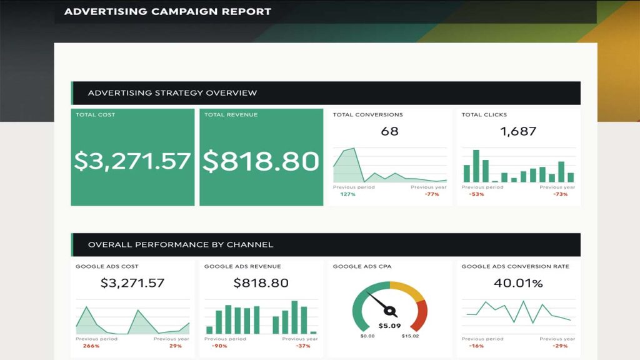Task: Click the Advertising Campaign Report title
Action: pos(167,11)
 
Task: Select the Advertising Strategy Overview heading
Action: pos(172,93)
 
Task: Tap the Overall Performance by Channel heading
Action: pos(180,244)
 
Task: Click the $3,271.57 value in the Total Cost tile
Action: pos(132,161)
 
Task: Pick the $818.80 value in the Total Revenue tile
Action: pos(261,161)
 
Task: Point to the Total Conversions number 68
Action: pos(389,131)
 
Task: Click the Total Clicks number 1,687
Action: pos(518,131)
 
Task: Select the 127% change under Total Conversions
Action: pos(348,194)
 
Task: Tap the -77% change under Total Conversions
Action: pos(431,194)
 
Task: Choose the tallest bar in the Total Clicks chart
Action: pos(476,166)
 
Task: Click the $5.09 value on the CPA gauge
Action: pos(389,326)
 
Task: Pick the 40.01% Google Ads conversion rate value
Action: pos(518,283)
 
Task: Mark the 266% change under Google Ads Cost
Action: pos(91,346)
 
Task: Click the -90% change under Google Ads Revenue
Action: pos(219,346)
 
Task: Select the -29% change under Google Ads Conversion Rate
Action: pos(560,346)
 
